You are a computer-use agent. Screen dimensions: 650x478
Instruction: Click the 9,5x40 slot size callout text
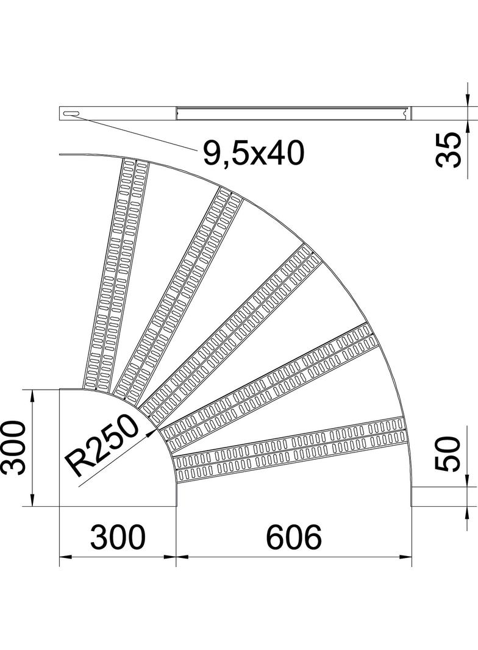253,152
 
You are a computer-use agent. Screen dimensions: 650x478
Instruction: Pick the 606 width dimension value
293,538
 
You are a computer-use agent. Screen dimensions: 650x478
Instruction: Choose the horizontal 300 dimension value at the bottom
118,538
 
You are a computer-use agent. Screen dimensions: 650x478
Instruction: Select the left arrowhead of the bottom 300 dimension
62,557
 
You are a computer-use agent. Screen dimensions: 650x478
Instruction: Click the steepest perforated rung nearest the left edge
116,274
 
